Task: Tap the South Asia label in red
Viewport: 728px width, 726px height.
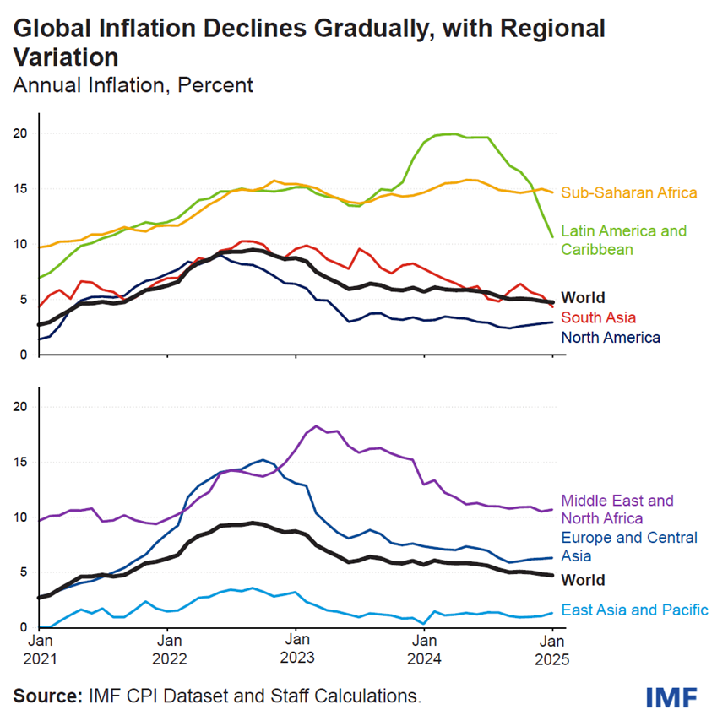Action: click(599, 317)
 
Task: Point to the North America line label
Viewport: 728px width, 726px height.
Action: click(611, 337)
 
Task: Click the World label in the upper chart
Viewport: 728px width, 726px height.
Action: click(584, 297)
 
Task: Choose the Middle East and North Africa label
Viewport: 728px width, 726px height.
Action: click(617, 509)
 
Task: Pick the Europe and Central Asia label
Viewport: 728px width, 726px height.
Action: click(629, 546)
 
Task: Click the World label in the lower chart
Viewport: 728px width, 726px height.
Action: click(584, 580)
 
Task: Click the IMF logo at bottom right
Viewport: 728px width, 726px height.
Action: click(671, 697)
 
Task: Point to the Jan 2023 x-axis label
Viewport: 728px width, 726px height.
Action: click(296, 648)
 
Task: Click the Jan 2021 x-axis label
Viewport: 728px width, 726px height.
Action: click(39, 648)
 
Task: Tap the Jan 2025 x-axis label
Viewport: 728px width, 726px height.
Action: click(551, 648)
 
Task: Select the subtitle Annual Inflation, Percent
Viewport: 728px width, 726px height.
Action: click(133, 85)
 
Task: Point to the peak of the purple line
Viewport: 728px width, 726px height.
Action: click(316, 426)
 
